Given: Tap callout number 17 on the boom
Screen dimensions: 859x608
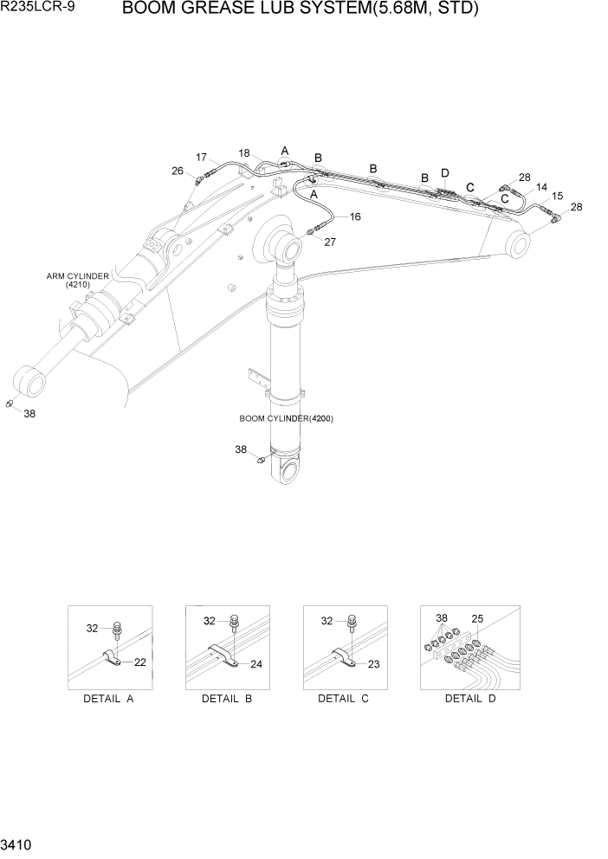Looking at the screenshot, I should (x=201, y=158).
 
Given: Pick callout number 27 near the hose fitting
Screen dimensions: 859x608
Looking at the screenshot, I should (x=329, y=242).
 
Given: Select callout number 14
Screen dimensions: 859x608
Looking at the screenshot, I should (x=541, y=187).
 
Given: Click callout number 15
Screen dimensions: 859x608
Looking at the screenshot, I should (x=558, y=197).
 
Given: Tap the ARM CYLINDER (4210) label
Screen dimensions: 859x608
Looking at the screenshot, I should (x=78, y=281).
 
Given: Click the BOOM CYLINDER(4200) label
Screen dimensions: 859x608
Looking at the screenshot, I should (x=286, y=418).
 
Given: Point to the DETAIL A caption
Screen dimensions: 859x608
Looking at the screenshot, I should (x=109, y=699).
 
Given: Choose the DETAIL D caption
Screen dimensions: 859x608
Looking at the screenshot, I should (x=470, y=699).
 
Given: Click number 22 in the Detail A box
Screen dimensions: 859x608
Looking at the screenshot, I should (x=140, y=662).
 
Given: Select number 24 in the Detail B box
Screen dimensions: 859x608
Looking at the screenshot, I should (x=257, y=666).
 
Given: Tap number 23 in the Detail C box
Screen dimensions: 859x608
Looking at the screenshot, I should (x=374, y=665).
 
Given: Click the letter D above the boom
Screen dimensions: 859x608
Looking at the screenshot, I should (x=445, y=173).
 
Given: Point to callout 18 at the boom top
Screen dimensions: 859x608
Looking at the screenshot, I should (x=244, y=152).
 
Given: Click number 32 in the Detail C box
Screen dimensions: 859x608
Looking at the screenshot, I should (x=327, y=621).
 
